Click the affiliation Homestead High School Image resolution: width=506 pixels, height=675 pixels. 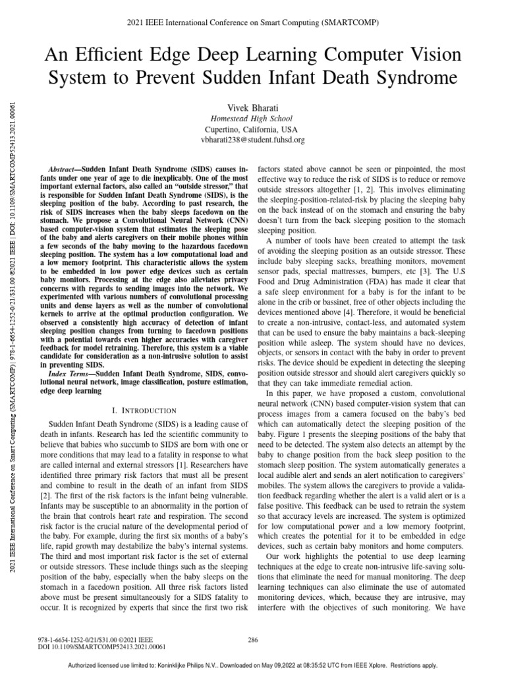[x=252, y=117]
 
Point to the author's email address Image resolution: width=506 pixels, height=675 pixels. [x=252, y=140]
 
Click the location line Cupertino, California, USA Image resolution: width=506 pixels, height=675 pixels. [x=252, y=128]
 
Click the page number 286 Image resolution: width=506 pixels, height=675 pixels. [x=252, y=639]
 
